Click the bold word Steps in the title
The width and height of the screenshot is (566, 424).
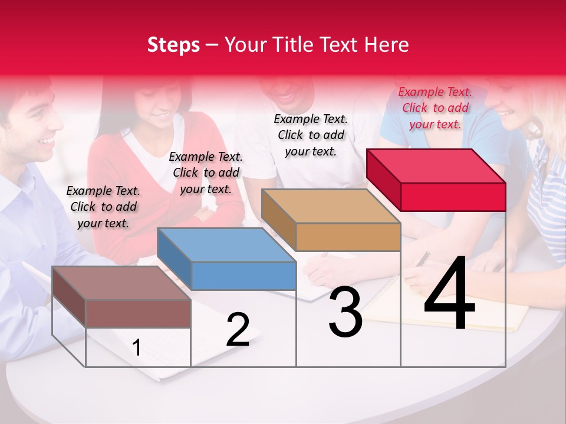tap(173, 45)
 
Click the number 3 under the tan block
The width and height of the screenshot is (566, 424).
tap(345, 313)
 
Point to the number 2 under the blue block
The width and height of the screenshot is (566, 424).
tap(238, 330)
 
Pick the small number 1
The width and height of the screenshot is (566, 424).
tap(136, 348)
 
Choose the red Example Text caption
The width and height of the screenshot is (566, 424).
tap(435, 108)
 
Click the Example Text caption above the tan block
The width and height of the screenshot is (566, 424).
tap(311, 135)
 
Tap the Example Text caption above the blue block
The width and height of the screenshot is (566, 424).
tap(206, 173)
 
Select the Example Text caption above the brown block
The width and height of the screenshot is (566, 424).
tap(103, 207)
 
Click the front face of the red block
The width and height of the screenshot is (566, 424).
tap(453, 197)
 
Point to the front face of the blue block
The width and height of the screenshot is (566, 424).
tap(243, 276)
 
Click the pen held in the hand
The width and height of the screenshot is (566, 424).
tap(423, 259)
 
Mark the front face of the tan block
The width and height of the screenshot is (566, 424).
tap(348, 237)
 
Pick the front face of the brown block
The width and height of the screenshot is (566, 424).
tap(138, 313)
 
